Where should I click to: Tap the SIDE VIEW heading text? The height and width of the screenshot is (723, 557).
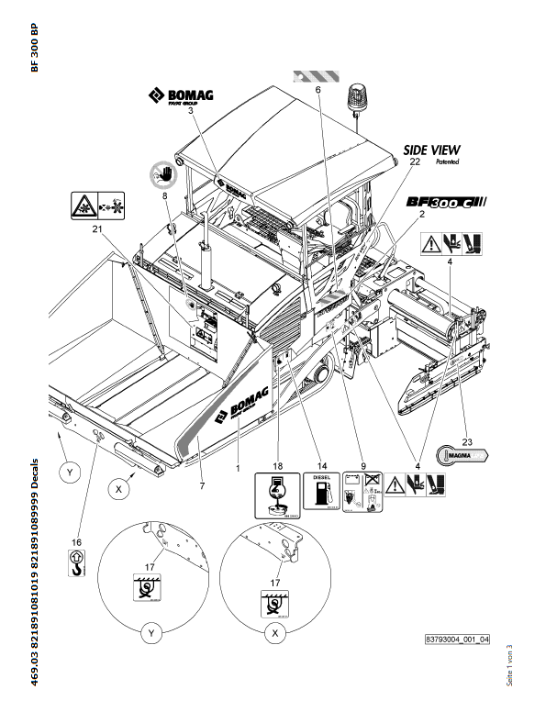432,149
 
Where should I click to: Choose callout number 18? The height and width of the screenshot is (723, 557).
279,466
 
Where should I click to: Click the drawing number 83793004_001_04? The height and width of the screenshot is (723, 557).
457,638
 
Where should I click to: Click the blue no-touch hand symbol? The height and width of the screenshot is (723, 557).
163,172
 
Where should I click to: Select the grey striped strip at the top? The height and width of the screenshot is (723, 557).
317,77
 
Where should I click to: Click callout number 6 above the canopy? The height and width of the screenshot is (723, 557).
317,91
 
